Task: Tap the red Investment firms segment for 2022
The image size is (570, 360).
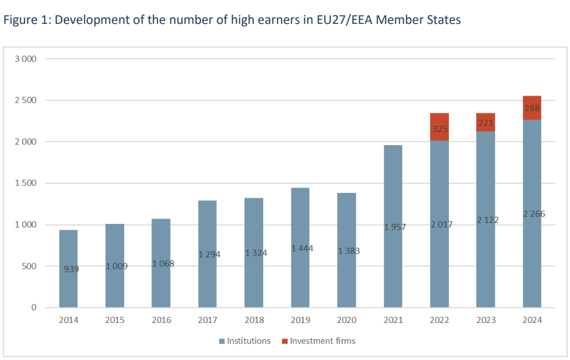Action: pyautogui.click(x=439, y=127)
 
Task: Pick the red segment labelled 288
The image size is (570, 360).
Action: pyautogui.click(x=532, y=108)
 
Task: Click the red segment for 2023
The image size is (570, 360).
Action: pyautogui.click(x=485, y=122)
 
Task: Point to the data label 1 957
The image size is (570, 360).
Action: pyautogui.click(x=393, y=227)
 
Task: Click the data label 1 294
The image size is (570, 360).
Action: pyautogui.click(x=209, y=255)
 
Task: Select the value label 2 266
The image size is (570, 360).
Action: pyautogui.click(x=534, y=214)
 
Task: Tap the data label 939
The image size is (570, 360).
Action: pyautogui.click(x=71, y=269)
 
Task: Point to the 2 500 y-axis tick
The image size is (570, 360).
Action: pyautogui.click(x=27, y=100)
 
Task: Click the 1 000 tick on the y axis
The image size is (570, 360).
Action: pyautogui.click(x=27, y=225)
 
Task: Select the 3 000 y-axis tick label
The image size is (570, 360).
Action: pyautogui.click(x=27, y=59)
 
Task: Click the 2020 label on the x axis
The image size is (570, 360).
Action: pyautogui.click(x=347, y=321)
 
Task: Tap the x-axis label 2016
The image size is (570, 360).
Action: pyautogui.click(x=161, y=321)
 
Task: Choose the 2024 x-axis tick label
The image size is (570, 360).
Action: pyautogui.click(x=532, y=321)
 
